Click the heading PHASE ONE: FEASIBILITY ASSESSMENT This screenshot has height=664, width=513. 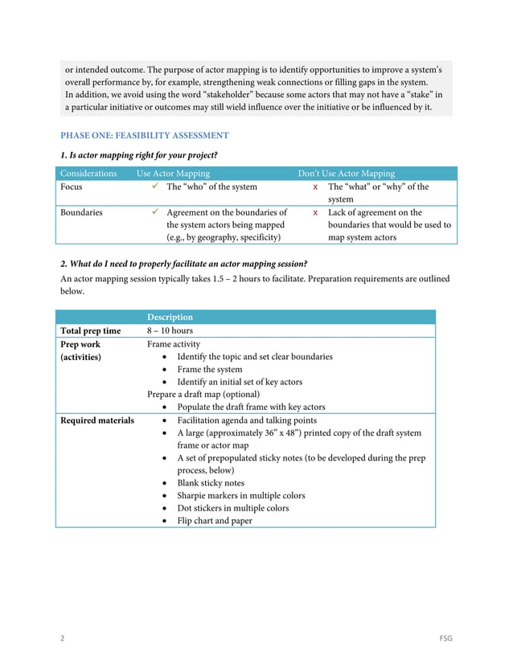tap(145, 136)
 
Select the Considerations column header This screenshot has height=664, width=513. tap(88, 174)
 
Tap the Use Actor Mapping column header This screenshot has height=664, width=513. tap(173, 174)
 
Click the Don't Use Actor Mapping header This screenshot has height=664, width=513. tap(347, 174)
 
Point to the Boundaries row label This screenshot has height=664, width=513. tap(81, 213)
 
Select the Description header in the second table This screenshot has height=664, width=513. tap(170, 318)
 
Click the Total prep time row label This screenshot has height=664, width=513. tap(91, 331)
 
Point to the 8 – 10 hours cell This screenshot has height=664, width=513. tap(170, 331)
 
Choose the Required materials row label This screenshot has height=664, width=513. tap(97, 420)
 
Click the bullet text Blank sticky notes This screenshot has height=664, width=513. tap(211, 483)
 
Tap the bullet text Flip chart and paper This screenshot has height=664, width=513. tap(214, 521)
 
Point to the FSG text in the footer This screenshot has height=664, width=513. tap(445, 638)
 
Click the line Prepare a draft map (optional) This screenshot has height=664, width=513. tap(203, 395)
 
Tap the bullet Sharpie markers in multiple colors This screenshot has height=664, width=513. tap(240, 496)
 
